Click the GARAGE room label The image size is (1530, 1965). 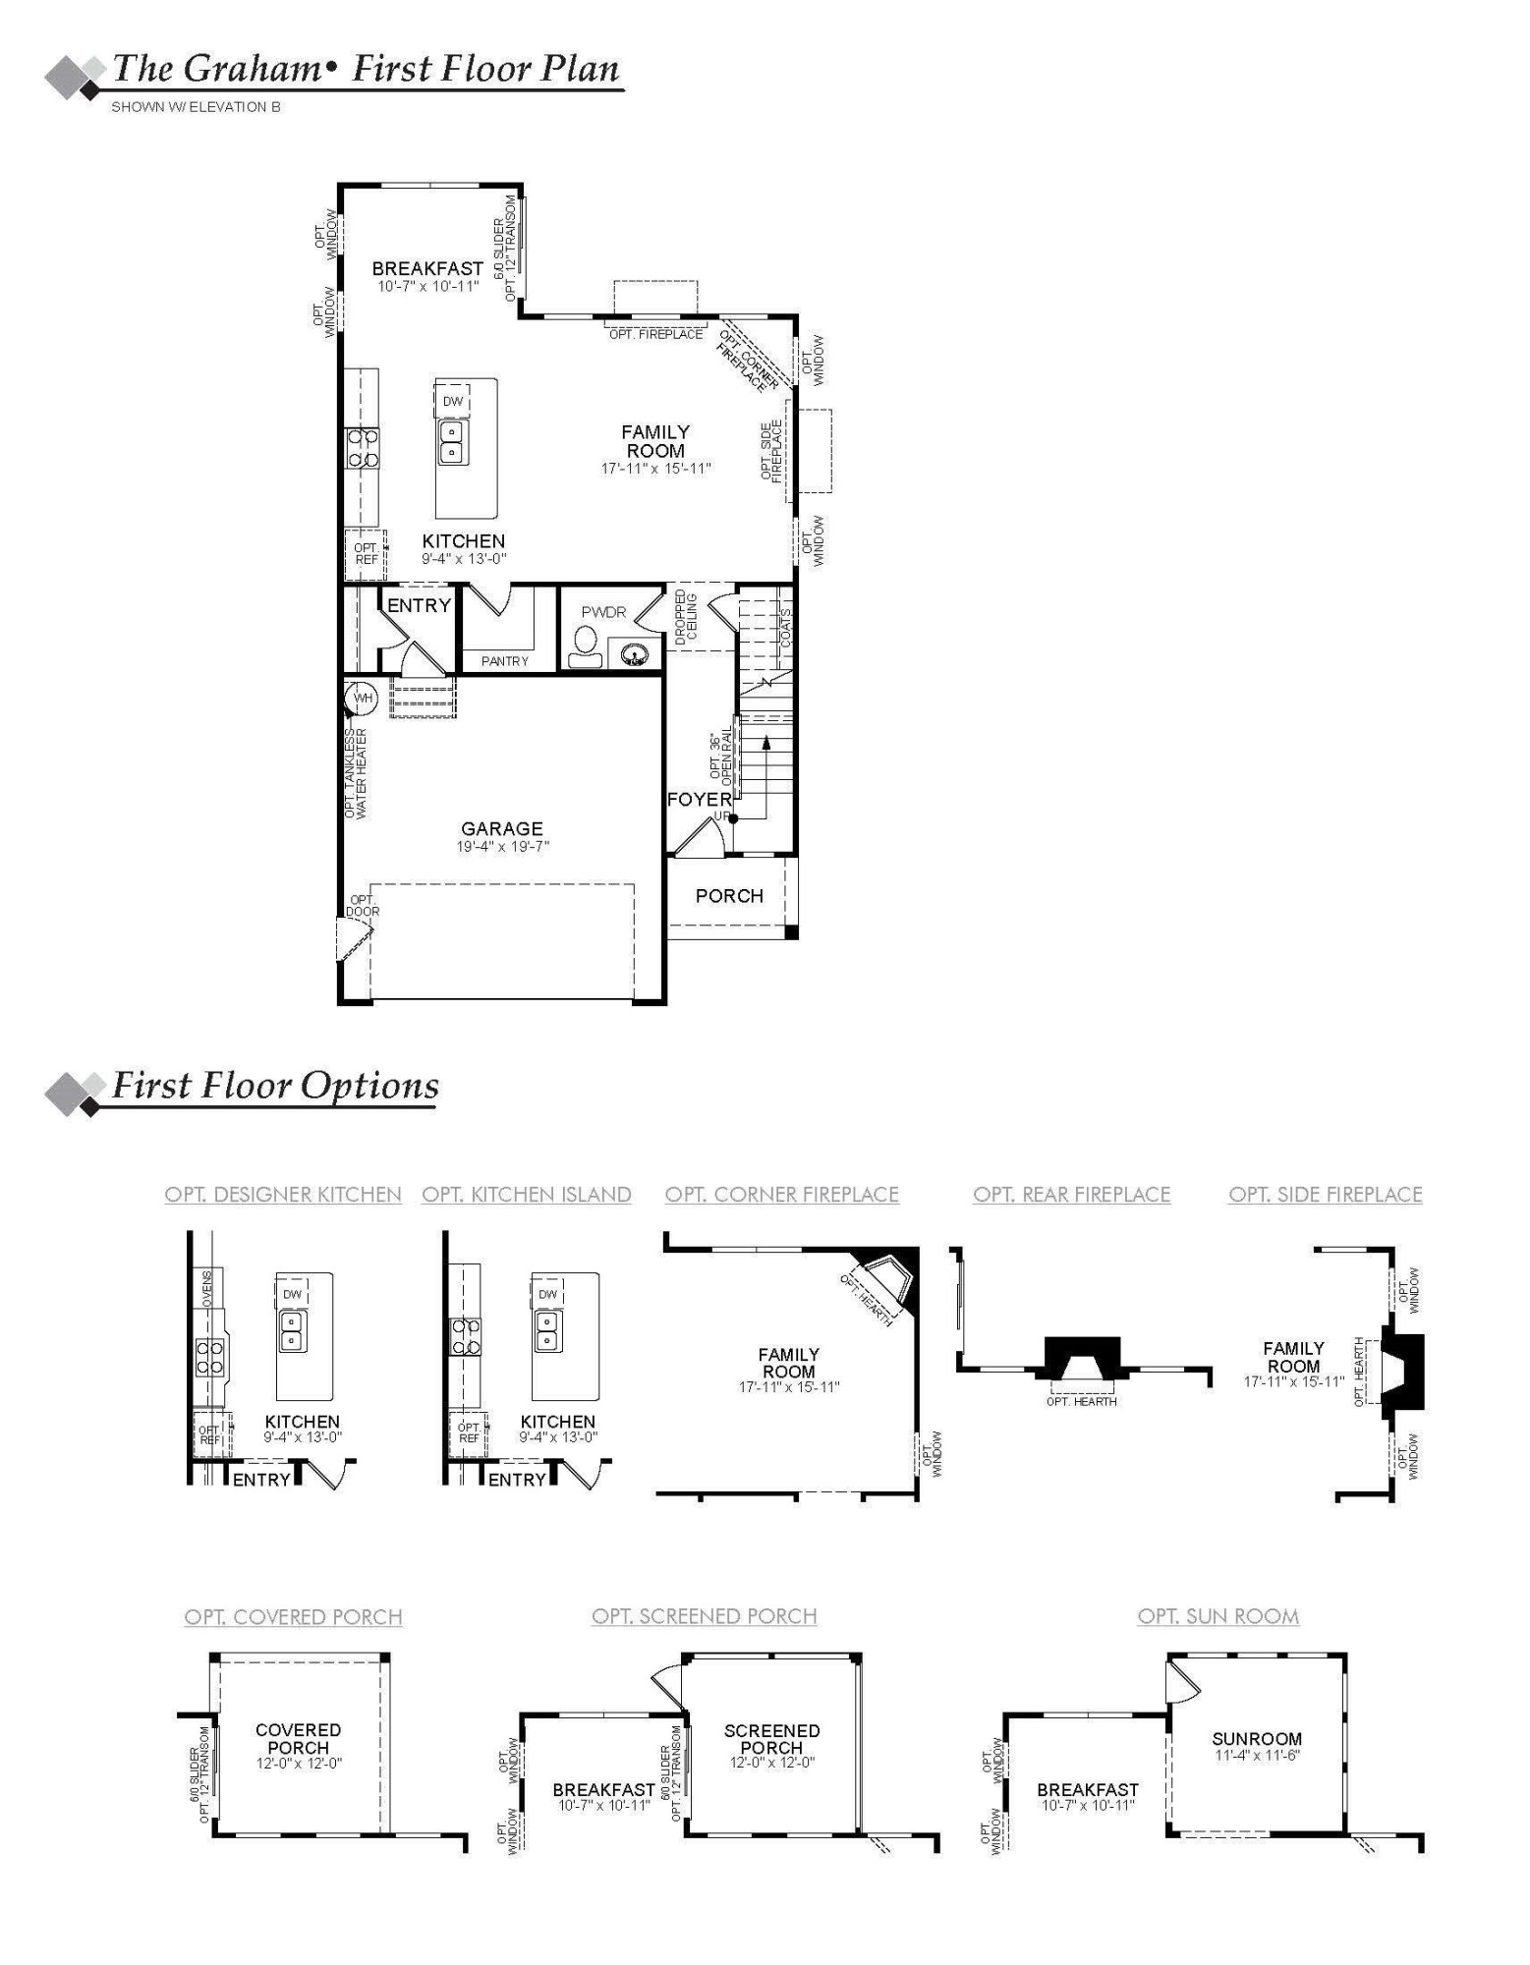501,828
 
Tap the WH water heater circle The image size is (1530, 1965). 363,699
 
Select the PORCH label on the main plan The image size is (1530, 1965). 729,896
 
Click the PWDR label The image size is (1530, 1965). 603,612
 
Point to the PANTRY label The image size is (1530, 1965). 505,661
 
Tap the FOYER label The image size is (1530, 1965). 699,800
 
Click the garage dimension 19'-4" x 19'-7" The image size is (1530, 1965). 502,847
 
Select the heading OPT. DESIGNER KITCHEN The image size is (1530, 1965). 283,1195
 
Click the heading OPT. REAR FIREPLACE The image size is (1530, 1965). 1072,1195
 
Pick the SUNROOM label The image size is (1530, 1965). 1257,1739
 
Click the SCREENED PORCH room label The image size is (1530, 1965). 771,1739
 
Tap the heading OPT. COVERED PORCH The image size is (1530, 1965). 293,1617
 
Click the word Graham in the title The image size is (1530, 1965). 253,69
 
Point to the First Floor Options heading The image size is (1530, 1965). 275,1086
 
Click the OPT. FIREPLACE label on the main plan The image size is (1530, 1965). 655,335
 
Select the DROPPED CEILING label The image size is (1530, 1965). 686,617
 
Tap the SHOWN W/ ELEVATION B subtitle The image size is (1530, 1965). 196,107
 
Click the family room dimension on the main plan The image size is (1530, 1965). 655,469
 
